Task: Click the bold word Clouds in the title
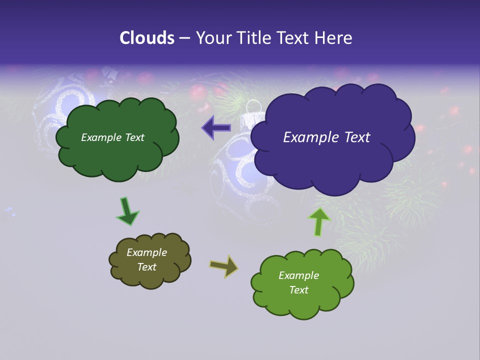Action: coord(146,38)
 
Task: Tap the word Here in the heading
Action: coord(334,38)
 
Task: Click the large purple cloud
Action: coord(332,160)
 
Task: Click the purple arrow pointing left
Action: coord(216,128)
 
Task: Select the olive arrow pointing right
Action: coord(224,266)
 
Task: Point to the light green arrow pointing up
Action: coord(319,221)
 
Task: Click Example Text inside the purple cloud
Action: coord(326,137)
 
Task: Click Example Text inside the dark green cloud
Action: coord(112,137)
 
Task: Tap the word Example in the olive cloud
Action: coord(146,252)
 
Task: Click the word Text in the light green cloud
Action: coord(298,290)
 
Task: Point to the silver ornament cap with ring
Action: coord(252,116)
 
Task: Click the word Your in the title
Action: coord(211,38)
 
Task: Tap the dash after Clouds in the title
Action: coord(184,38)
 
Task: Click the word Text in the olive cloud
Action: coord(146,267)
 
